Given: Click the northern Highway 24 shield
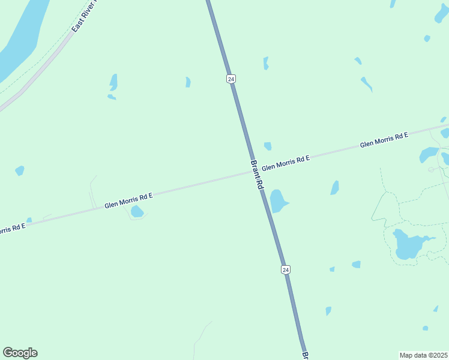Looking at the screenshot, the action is tap(231, 79).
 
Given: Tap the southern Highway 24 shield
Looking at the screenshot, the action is tap(286, 270).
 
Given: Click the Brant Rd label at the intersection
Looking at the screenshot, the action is tap(256, 175).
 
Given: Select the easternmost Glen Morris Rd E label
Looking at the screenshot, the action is tap(384, 140).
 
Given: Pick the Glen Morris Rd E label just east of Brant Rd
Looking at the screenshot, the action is tap(285, 162).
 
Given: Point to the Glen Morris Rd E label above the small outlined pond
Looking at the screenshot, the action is tap(128, 200).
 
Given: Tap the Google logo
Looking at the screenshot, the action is tap(20, 353).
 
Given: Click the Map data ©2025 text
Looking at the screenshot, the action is tap(424, 355).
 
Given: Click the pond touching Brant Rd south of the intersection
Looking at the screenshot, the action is tap(277, 200).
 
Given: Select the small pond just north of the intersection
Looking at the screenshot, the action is tap(268, 146).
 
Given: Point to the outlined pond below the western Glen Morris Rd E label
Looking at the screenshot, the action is tap(137, 211).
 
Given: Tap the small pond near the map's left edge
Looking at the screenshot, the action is tap(20, 171).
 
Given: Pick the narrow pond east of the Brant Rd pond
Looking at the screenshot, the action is tap(335, 188).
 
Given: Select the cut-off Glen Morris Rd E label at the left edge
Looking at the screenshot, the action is tap(12, 229).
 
